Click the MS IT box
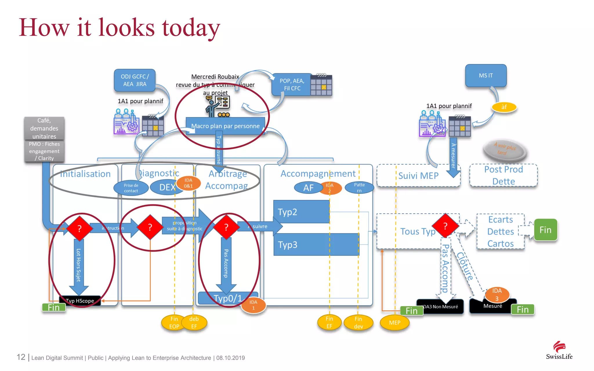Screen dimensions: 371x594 point(486,76)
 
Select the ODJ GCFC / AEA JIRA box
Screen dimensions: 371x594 point(135,80)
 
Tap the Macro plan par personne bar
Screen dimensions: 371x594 point(225,126)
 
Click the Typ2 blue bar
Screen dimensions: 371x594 point(301,212)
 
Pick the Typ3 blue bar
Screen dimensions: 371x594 point(316,245)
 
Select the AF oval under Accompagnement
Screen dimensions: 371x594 point(308,188)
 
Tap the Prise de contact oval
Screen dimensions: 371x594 point(131,188)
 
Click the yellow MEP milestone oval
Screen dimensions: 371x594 point(394,323)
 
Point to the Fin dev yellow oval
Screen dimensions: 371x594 point(358,323)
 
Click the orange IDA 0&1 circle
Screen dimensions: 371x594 point(189,183)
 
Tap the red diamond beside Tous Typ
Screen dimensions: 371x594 point(445,226)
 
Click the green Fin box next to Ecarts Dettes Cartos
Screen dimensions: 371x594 point(545,230)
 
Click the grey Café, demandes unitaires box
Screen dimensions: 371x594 point(44,128)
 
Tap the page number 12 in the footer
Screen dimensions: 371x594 point(21,357)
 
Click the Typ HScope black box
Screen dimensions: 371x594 point(80,301)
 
